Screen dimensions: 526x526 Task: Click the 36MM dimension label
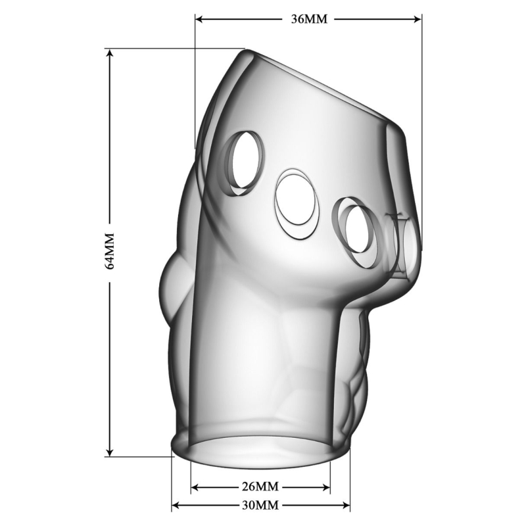coord(308,19)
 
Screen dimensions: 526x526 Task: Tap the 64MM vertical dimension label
coord(110,251)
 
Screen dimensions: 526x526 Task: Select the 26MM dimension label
coord(260,486)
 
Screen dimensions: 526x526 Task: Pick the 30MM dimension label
coord(260,504)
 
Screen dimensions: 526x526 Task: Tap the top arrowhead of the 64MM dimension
coord(108,53)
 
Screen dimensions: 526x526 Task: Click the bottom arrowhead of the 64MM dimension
coord(108,452)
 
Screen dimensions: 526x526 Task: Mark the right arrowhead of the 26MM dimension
coord(326,487)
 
